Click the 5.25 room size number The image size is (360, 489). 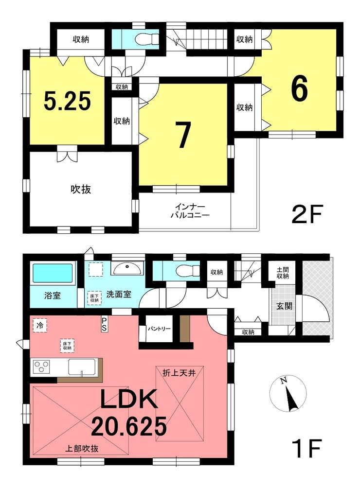tap(67, 101)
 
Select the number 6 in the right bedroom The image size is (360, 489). tap(299, 88)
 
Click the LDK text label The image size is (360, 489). tap(128, 400)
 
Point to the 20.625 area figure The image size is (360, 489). tap(128, 427)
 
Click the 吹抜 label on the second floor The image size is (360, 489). tap(81, 189)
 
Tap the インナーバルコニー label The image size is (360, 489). tap(190, 211)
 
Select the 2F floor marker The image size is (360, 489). tap(306, 214)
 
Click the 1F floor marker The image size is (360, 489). tap(306, 448)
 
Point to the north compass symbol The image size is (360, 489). tap(288, 394)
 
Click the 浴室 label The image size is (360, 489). tap(53, 296)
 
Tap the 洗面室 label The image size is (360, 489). tap(119, 294)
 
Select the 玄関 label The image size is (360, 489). tap(284, 306)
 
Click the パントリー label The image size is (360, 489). tap(159, 329)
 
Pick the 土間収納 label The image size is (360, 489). tap(283, 273)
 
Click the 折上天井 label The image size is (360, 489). tap(179, 373)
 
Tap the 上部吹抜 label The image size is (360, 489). tap(82, 449)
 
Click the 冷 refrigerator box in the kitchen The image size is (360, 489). tap(40, 326)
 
